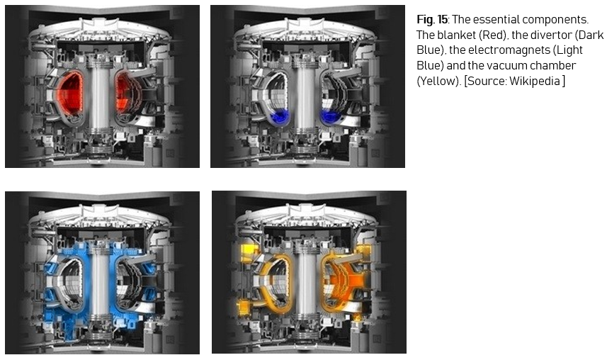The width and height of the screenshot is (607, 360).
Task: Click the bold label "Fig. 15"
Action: tap(431, 19)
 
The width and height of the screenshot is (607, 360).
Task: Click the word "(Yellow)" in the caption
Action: tap(439, 81)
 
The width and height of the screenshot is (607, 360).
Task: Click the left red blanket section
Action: tap(71, 93)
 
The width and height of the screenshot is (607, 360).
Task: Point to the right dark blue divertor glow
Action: tap(329, 116)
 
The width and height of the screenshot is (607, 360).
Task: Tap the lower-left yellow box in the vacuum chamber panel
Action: tap(244, 307)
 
